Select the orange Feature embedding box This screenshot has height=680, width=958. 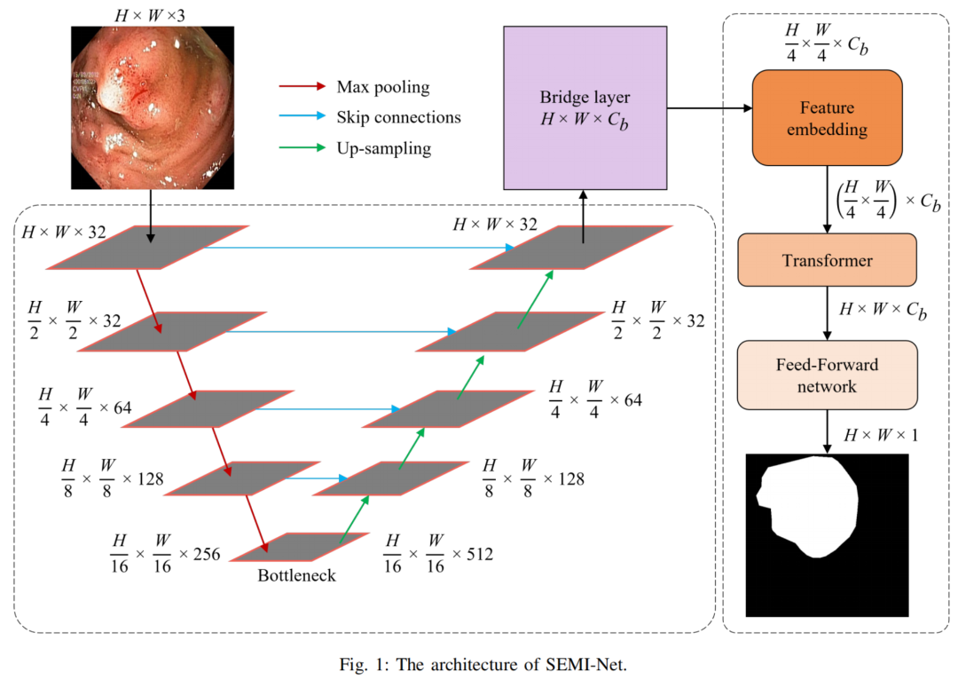tap(827, 118)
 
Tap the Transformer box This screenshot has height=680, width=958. tap(827, 260)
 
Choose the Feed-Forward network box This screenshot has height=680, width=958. tap(827, 375)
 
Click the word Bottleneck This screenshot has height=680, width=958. tap(297, 574)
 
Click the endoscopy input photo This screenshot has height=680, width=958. tap(153, 107)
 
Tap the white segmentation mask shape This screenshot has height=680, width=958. tap(807, 506)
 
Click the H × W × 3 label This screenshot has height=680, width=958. tap(153, 12)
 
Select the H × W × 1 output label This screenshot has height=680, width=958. tap(881, 436)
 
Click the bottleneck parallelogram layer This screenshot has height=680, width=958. tap(283, 547)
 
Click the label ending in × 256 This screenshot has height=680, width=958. tap(164, 553)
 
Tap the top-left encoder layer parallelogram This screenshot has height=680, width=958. tap(143, 247)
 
